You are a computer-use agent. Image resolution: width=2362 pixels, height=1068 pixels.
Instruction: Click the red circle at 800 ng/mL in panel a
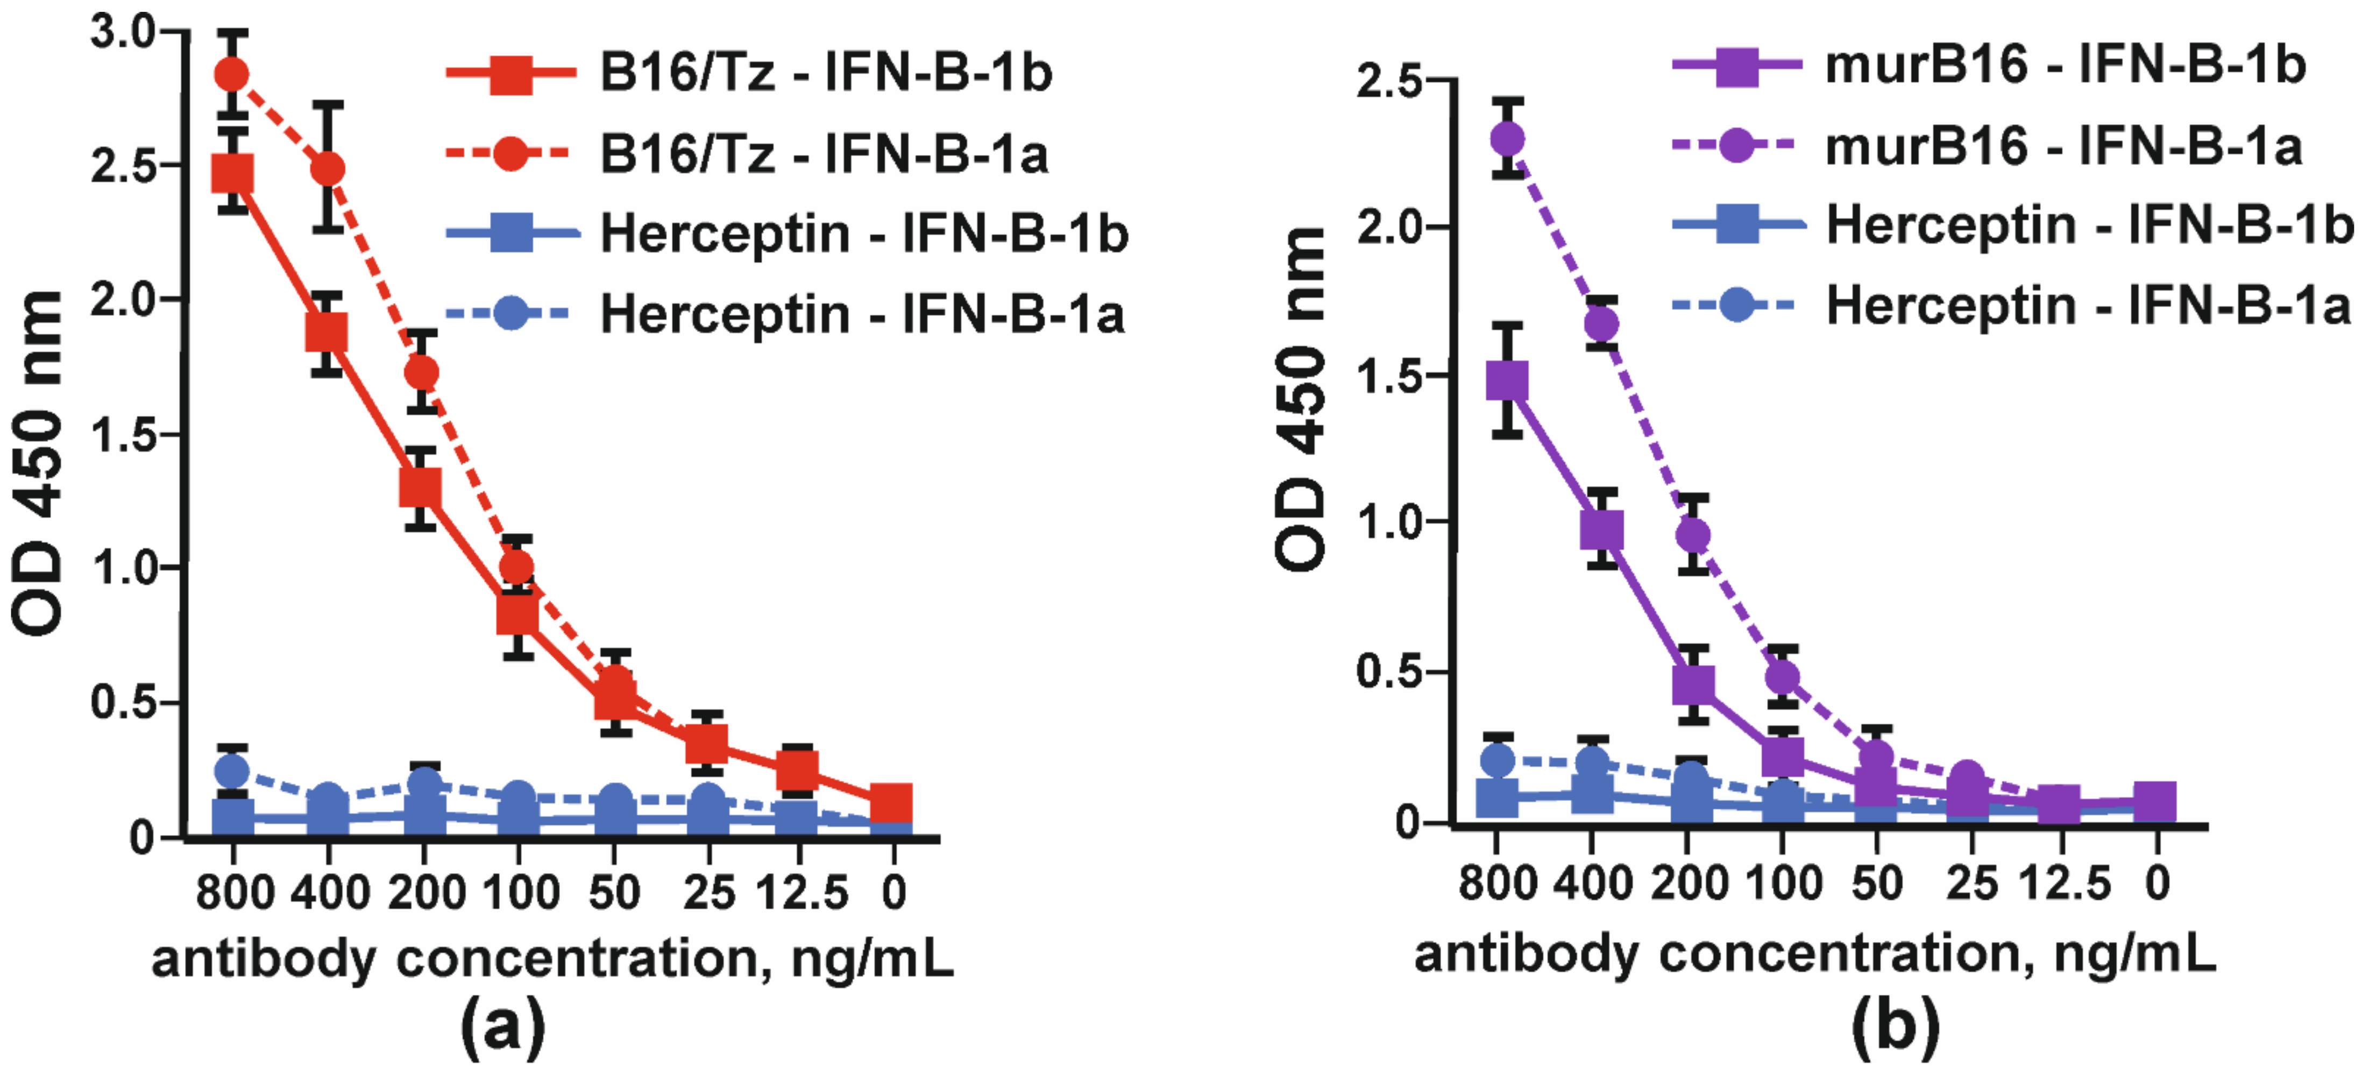click(x=232, y=74)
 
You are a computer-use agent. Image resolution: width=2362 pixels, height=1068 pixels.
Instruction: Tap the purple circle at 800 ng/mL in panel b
click(x=1507, y=139)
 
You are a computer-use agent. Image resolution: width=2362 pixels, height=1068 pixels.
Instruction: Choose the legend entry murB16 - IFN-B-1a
click(x=2063, y=147)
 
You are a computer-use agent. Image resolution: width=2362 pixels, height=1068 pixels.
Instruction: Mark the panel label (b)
click(x=1895, y=1025)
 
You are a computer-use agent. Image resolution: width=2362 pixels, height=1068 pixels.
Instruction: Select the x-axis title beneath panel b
click(x=1815, y=954)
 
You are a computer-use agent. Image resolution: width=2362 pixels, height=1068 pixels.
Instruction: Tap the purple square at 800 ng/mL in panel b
click(x=1507, y=380)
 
